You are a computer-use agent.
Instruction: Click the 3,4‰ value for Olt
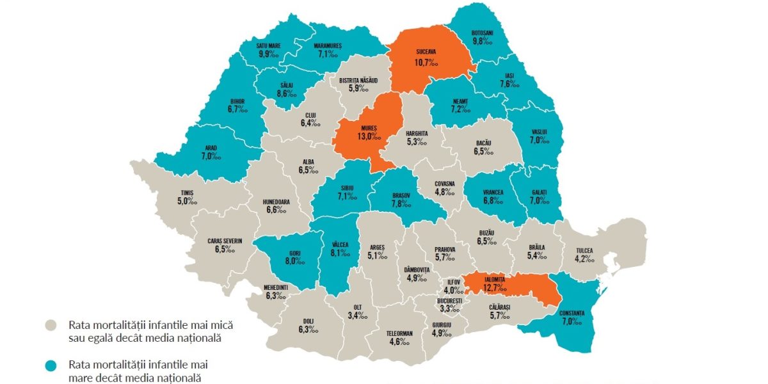(358, 315)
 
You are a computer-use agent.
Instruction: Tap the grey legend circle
(54, 324)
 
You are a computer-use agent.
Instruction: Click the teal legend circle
(54, 365)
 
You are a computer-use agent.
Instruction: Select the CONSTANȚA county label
(571, 313)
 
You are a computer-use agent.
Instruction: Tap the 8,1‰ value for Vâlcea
(340, 252)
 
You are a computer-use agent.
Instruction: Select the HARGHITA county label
(417, 133)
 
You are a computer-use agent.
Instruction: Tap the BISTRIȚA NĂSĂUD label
(359, 80)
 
